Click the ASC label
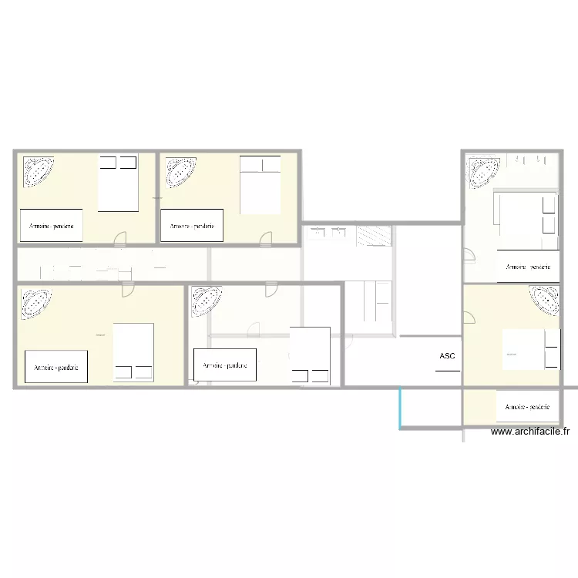447,356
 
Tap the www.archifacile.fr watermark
532,432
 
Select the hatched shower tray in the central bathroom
375,236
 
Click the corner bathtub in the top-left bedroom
38,172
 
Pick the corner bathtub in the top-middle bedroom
179,172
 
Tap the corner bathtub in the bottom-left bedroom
35,304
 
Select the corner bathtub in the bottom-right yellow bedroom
543,301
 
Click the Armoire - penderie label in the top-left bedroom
52,226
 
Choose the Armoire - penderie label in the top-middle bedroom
192,226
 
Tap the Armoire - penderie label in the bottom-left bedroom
56,367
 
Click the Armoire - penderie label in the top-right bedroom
528,267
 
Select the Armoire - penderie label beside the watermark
527,406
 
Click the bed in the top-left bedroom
118,183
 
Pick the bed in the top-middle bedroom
260,185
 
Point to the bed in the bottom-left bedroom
133,352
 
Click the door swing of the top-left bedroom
120,240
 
